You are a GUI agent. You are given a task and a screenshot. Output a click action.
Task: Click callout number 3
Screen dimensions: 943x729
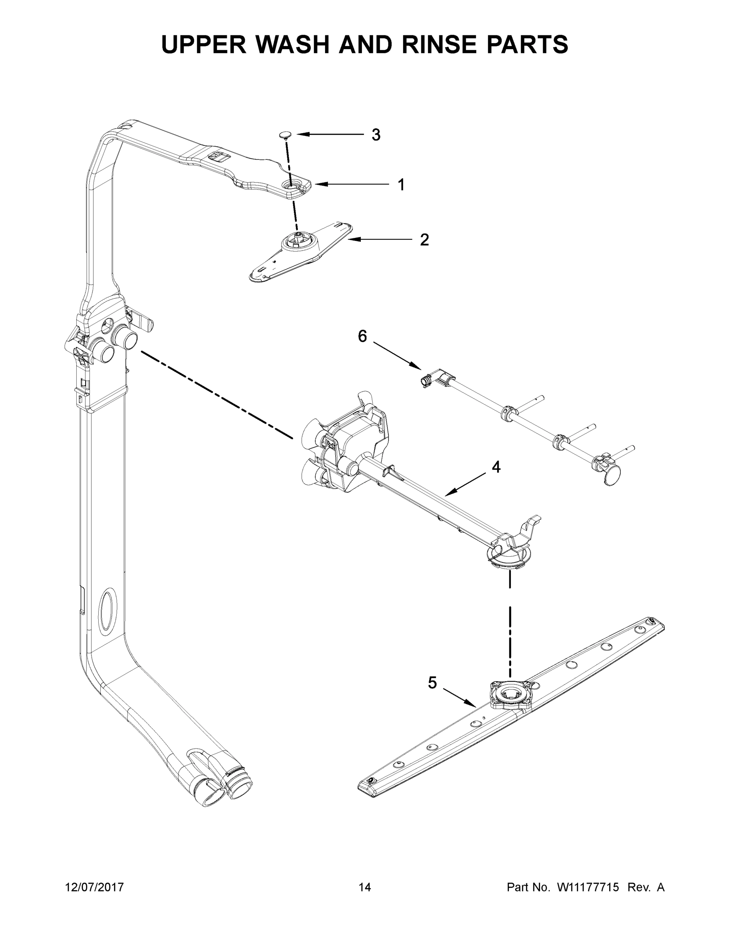coord(376,135)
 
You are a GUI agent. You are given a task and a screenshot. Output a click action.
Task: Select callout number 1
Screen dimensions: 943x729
coord(401,185)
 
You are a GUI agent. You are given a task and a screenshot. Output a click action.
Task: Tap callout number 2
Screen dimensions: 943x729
coord(424,240)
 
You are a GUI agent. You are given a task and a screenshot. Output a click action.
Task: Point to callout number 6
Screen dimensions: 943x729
coord(362,336)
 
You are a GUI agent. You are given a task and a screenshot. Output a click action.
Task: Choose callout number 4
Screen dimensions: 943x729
coord(496,467)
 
